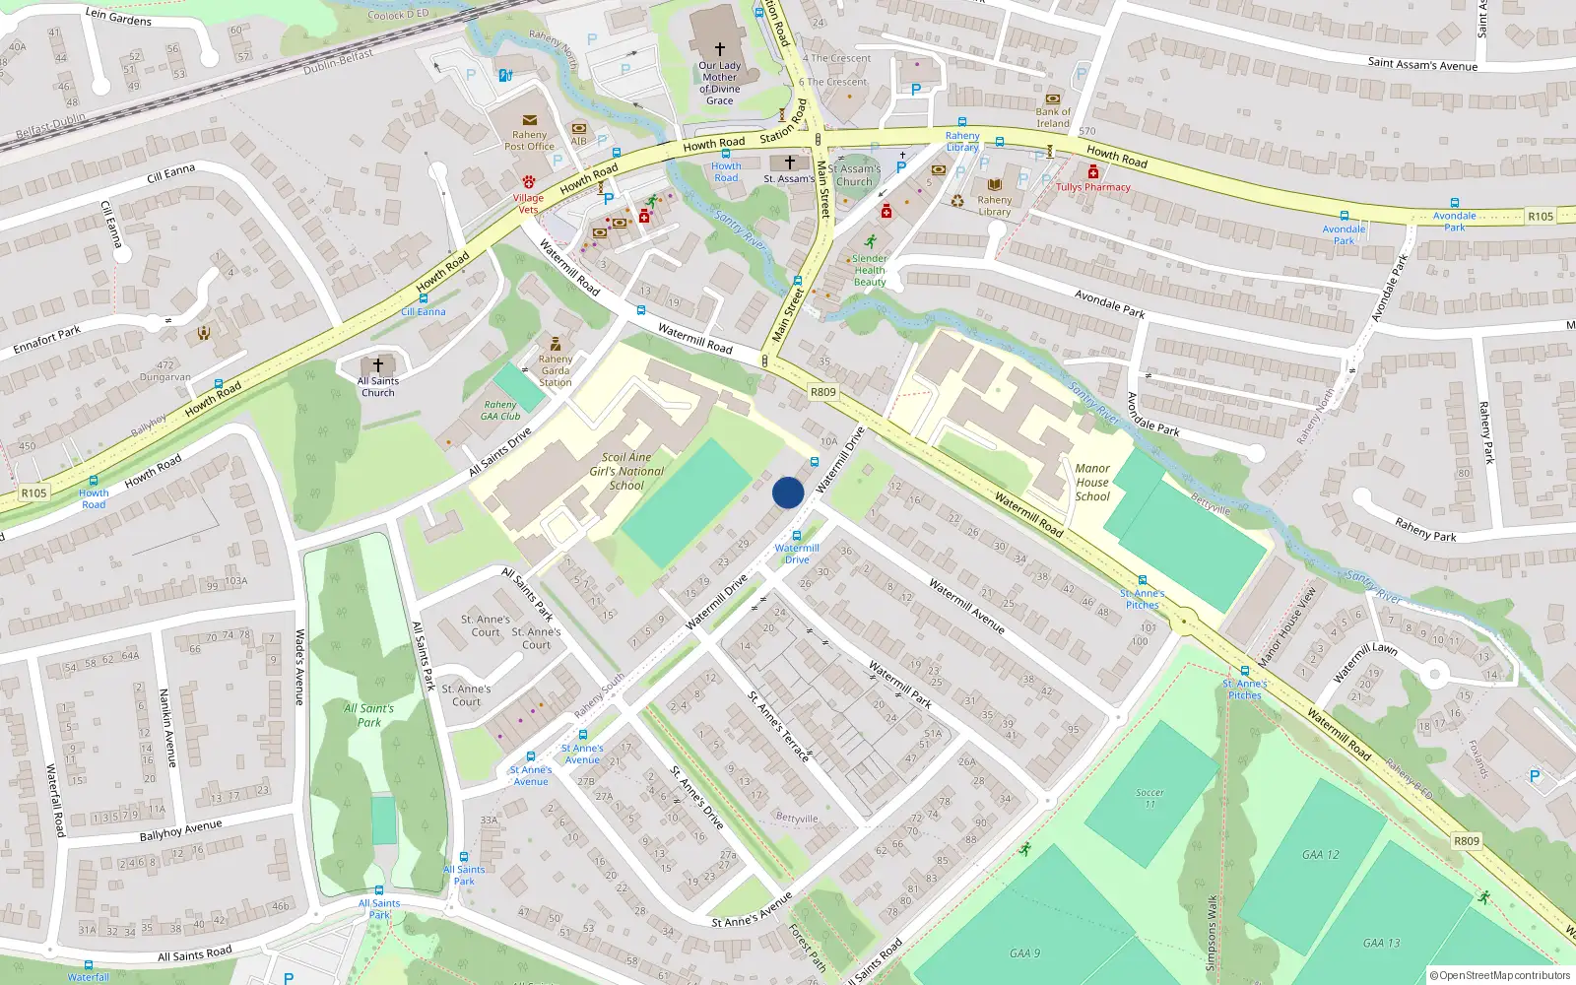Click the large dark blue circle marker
[788, 492]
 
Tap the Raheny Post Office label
[529, 141]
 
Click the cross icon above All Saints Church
[377, 365]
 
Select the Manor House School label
[1092, 483]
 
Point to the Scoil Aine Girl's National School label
[626, 471]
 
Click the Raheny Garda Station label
[555, 370]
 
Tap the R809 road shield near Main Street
[822, 392]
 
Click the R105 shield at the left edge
[33, 492]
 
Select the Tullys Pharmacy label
[1093, 187]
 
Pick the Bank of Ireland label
[1052, 118]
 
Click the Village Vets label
[528, 203]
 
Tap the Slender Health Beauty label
[869, 271]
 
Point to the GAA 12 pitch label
[1321, 855]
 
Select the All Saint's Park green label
[368, 715]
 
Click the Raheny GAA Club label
[500, 411]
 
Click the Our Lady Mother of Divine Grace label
[719, 83]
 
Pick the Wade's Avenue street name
[299, 667]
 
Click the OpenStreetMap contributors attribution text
[1499, 975]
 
